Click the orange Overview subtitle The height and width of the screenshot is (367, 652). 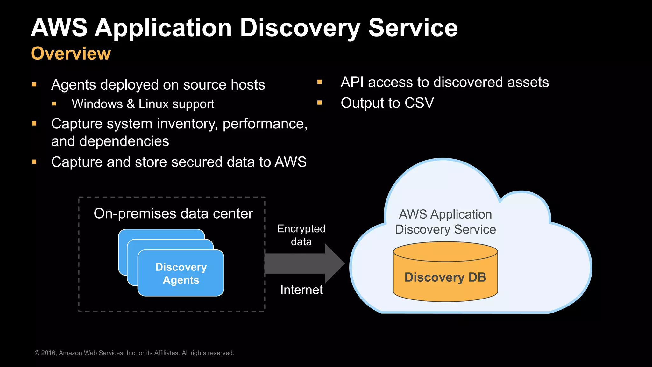point(71,54)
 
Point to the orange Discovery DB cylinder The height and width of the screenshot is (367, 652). point(445,277)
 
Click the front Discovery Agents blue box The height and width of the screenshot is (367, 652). point(181,273)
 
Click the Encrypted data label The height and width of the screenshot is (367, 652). point(301,235)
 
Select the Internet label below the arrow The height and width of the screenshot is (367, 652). point(301,290)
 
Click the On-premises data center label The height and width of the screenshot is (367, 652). point(173,213)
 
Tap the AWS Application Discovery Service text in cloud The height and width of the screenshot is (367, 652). point(445,222)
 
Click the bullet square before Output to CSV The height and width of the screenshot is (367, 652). point(320,103)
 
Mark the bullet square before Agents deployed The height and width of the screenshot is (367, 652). point(34,84)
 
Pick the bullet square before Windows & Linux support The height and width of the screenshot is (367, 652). point(54,104)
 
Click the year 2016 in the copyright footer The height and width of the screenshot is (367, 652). point(48,353)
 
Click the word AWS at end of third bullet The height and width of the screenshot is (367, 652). point(290,162)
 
